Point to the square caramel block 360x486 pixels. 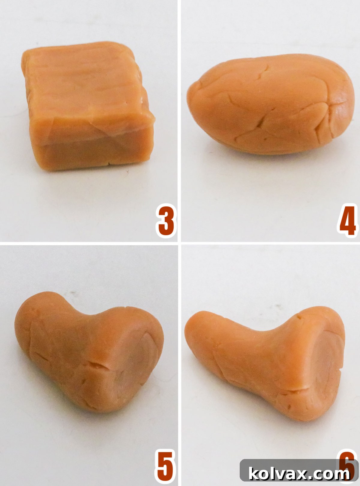pyautogui.click(x=87, y=108)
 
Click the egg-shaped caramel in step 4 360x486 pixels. pyautogui.click(x=270, y=105)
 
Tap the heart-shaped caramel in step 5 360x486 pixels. pyautogui.click(x=90, y=351)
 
